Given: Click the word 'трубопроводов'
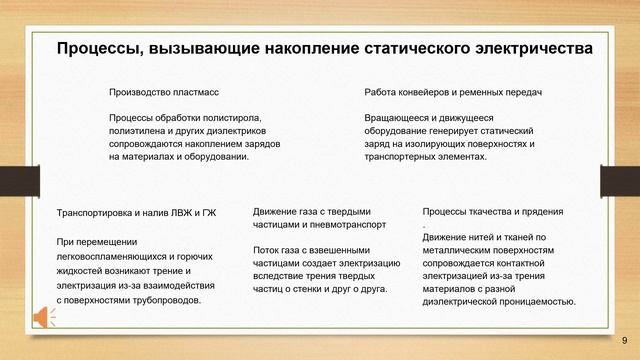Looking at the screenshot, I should click(x=167, y=298).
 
